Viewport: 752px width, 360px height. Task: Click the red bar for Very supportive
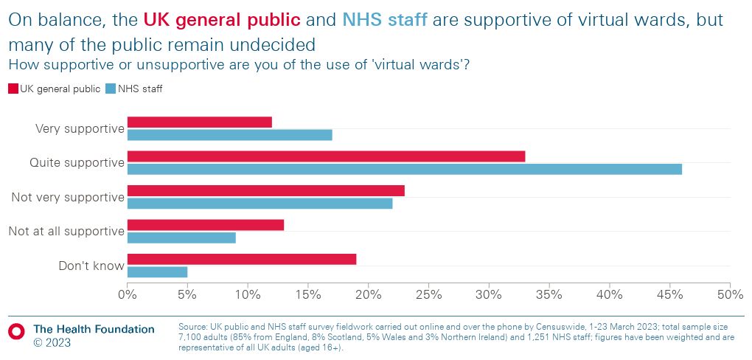(x=199, y=122)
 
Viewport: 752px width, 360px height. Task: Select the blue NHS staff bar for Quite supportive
(x=404, y=169)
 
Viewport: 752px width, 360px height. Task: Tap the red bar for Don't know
(x=241, y=259)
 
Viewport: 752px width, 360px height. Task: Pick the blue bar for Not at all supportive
(x=181, y=238)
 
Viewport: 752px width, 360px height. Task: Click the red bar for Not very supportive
(x=265, y=190)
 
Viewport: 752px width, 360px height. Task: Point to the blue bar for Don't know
(x=157, y=271)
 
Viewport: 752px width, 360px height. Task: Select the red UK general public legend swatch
(x=13, y=89)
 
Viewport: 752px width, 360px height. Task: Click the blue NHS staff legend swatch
(x=111, y=89)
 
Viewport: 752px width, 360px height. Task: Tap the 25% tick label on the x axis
(x=428, y=295)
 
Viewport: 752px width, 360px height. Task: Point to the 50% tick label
(x=729, y=295)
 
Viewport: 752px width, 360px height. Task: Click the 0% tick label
(x=128, y=295)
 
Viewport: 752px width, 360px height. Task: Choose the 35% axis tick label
(x=549, y=295)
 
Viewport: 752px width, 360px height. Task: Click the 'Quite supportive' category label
(x=76, y=163)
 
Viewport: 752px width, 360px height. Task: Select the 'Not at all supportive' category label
(x=66, y=232)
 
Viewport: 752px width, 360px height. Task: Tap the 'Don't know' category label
(x=91, y=266)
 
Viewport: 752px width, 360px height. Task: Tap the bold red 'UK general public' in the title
(x=222, y=20)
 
